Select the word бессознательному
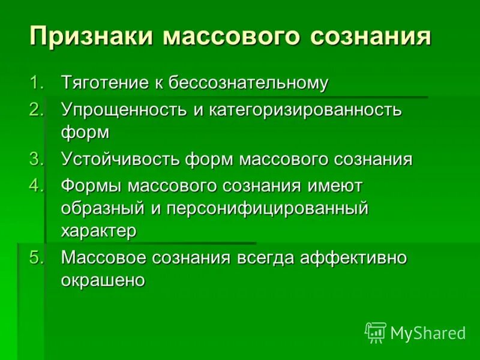point(248,83)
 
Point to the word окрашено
point(103,280)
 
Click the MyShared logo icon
point(376,332)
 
